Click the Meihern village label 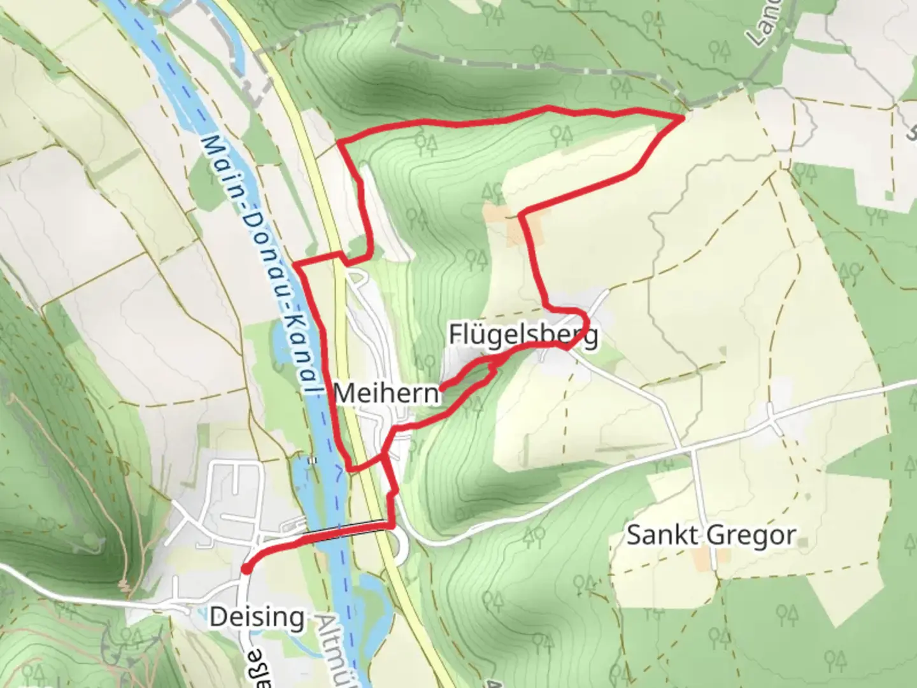(387, 393)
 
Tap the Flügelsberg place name (523, 334)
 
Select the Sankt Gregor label (711, 535)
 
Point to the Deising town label (257, 617)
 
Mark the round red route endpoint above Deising (245, 569)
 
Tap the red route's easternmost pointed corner (683, 117)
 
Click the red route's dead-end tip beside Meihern (441, 386)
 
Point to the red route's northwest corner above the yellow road (339, 141)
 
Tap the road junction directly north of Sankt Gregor (693, 449)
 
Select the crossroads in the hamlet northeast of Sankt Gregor (772, 421)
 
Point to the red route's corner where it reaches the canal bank (295, 264)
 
